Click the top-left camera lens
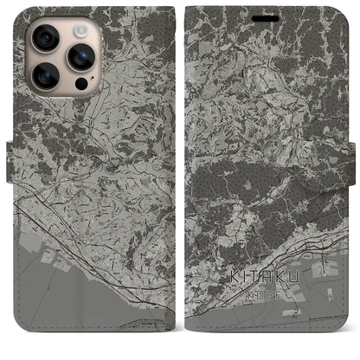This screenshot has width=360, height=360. click(45, 38)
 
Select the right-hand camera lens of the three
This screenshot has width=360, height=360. click(81, 57)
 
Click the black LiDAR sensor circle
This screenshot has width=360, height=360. click(81, 85)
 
